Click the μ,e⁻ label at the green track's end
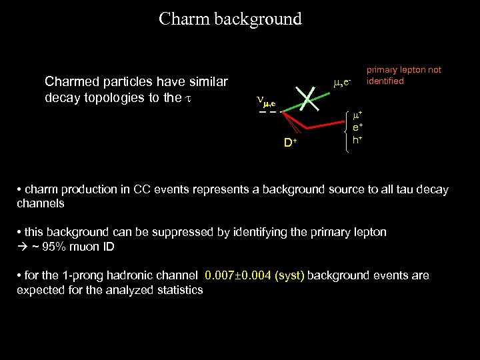342,83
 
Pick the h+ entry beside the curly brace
357,139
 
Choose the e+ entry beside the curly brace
357,127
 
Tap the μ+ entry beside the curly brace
357,116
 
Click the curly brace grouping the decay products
345,133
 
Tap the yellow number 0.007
221,275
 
